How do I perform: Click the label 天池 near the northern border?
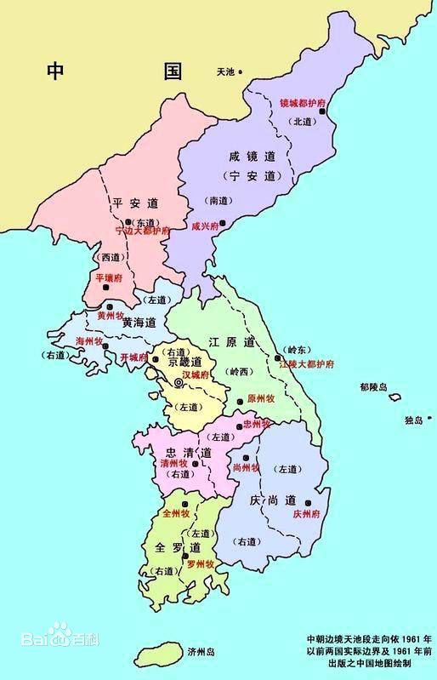point(225,71)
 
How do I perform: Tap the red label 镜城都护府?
point(303,103)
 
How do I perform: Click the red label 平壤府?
point(110,277)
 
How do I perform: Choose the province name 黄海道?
point(139,323)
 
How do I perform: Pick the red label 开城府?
point(135,357)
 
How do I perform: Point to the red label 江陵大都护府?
point(306,363)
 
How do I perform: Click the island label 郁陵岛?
point(373,387)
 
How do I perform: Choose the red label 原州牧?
point(261,399)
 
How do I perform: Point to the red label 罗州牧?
point(198,563)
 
